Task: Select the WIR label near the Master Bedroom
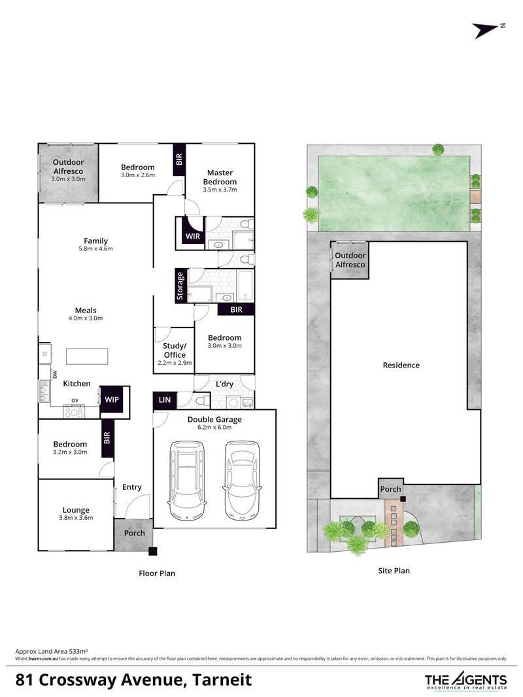[x=193, y=235]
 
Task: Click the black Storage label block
[x=180, y=286]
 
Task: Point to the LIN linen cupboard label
[x=163, y=398]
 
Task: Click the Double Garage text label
[x=214, y=419]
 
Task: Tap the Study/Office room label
[x=175, y=350]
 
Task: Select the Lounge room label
[x=76, y=510]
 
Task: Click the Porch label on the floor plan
[x=135, y=533]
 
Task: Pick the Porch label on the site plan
[x=391, y=488]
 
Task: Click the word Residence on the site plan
[x=401, y=365]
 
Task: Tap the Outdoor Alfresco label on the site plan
[x=350, y=260]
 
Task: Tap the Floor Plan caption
[x=157, y=573]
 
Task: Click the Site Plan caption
[x=394, y=571]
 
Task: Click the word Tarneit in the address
[x=217, y=680]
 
